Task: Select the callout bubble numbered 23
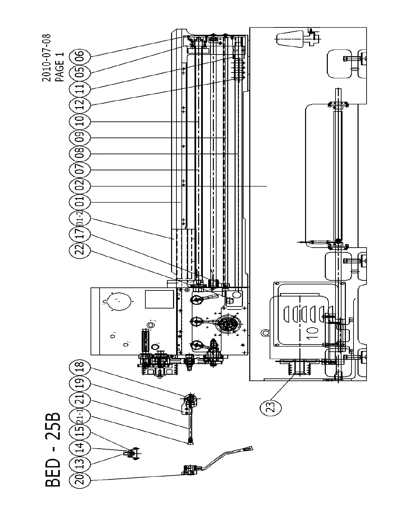point(271,407)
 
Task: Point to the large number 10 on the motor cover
point(310,333)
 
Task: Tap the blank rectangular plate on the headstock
point(159,299)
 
